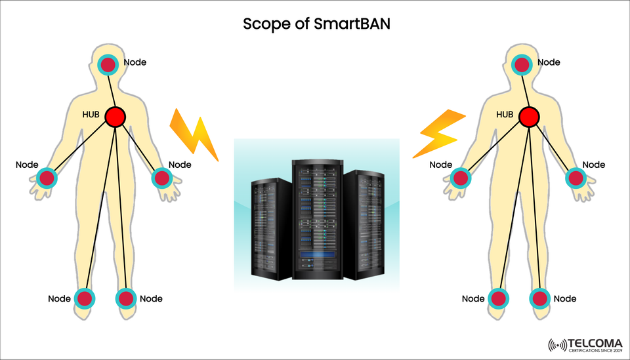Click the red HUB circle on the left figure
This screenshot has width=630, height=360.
115,117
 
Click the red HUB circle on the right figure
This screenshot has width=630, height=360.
529,117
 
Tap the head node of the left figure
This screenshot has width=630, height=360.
108,64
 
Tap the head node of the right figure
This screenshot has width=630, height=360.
522,64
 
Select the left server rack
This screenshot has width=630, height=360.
270,226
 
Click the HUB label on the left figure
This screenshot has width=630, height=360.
91,115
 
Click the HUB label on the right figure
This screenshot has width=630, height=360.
505,115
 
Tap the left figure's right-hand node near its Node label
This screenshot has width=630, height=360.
161,178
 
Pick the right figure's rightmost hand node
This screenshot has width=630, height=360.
576,178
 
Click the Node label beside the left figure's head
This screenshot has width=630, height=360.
135,62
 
